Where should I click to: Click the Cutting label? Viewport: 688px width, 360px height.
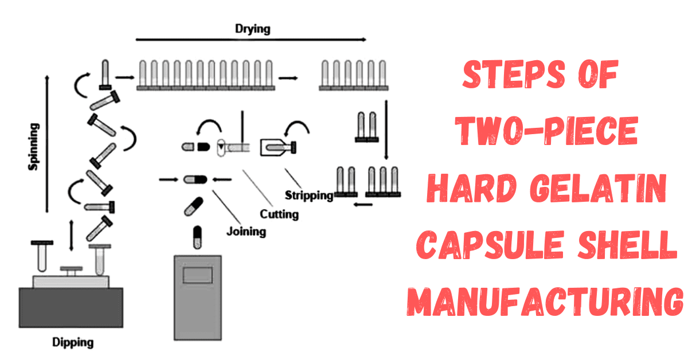coord(279,214)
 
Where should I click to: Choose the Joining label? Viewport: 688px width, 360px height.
coord(246,232)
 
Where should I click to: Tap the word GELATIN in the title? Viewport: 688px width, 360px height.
coord(597,189)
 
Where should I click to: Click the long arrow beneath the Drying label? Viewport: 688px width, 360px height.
coord(251,40)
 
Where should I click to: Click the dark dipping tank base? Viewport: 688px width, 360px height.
coord(71,307)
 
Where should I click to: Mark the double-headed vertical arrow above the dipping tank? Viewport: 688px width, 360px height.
coord(71,236)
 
